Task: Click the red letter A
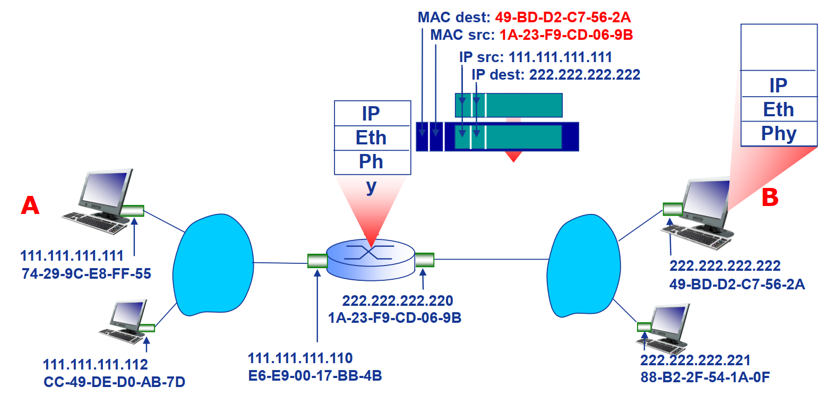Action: coord(30,205)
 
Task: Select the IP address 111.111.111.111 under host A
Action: coord(72,256)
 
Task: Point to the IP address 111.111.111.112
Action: coord(95,365)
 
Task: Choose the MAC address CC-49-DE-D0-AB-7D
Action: coord(114,382)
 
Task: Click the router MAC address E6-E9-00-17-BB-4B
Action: coord(315,375)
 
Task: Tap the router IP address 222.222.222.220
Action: coord(398,301)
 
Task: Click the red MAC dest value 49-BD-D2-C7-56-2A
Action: coord(563,17)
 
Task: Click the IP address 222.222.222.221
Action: coord(695,361)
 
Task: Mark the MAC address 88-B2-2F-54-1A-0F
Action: coord(704,377)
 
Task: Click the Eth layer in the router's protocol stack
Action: coord(371,138)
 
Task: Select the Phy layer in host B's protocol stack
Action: coord(779,134)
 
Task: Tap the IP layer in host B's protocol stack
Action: coord(779,84)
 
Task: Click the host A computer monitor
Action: coord(104,191)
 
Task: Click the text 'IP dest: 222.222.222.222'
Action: coord(556,74)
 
